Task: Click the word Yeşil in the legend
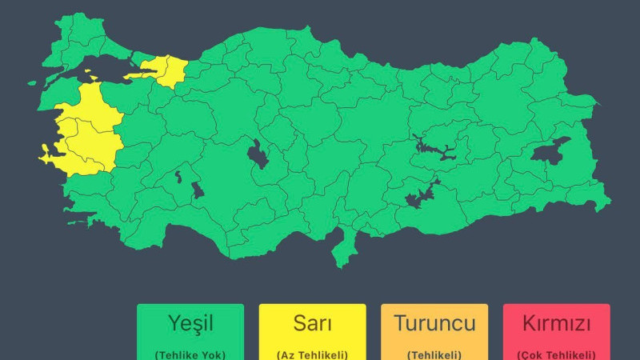tap(190, 324)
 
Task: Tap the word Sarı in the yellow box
tap(312, 324)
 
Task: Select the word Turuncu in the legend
tap(434, 324)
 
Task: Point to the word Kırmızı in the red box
tap(556, 324)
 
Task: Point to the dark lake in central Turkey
tap(258, 154)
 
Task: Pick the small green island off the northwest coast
tap(34, 82)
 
